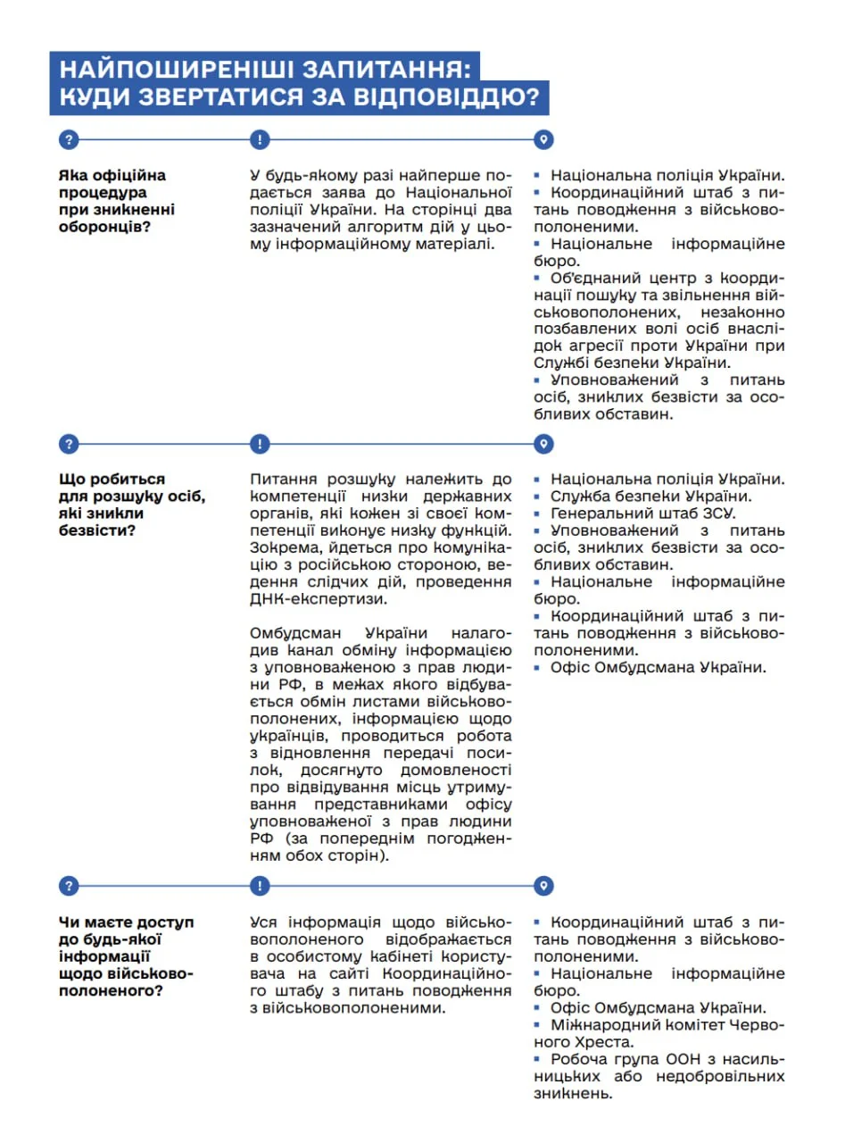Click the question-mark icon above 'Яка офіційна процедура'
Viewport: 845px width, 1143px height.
(69, 139)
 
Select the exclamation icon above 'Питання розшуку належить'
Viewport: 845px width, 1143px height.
(259, 444)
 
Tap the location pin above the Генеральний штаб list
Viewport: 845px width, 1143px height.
(543, 444)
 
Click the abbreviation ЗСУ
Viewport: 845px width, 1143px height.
(719, 513)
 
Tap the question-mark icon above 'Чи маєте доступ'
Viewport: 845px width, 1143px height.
(69, 885)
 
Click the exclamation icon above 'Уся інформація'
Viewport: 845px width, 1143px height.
(259, 885)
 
